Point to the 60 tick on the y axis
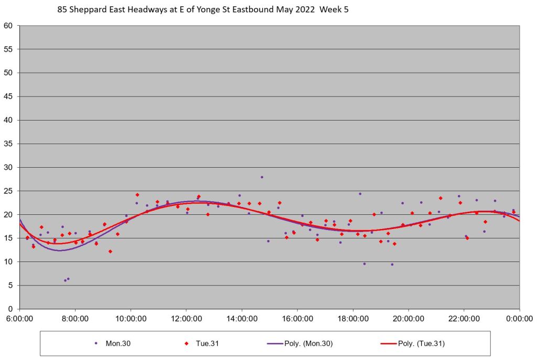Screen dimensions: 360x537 9,26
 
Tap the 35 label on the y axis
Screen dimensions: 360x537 9,144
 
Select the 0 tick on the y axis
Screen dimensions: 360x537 12,309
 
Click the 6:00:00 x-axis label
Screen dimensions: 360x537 19,319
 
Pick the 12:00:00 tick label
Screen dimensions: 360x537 186,319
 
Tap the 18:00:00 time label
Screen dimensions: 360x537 353,319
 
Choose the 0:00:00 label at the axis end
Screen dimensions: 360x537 520,319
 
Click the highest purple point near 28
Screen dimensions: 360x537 262,177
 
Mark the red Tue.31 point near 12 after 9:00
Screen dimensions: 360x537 110,252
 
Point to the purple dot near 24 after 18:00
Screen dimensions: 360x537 360,194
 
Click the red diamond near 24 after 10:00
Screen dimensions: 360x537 137,195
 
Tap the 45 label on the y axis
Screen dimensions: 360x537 9,96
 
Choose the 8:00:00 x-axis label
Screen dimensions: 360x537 75,319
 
